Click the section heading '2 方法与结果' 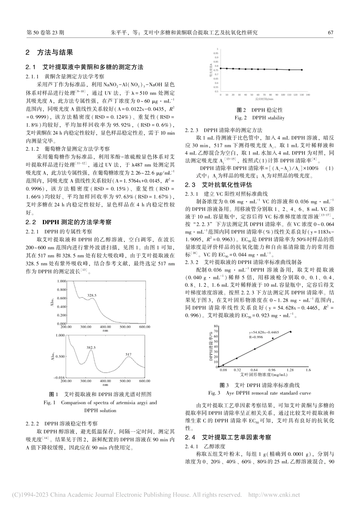click(49, 53)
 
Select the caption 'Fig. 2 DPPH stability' click(260, 118)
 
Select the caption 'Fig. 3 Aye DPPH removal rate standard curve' click(260, 393)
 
